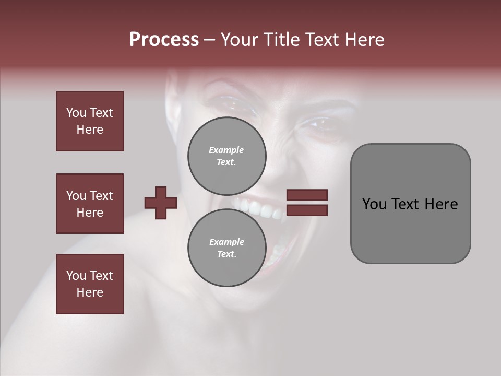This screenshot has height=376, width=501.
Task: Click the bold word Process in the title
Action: pos(164,40)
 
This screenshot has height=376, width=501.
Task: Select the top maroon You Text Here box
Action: pos(90,121)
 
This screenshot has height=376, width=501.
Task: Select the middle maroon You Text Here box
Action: pos(90,204)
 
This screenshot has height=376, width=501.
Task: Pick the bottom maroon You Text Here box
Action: pos(90,284)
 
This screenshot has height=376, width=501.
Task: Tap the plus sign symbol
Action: pos(161,203)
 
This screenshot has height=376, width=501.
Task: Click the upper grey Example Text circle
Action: pos(226,156)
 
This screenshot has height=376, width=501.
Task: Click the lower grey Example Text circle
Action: pos(226,248)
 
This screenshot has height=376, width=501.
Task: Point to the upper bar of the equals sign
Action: pos(307,195)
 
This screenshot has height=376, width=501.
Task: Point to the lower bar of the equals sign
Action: pos(307,210)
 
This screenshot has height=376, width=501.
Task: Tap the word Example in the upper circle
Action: pos(226,150)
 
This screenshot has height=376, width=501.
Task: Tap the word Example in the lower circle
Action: pos(226,242)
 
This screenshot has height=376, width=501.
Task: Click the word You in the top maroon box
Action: pos(76,113)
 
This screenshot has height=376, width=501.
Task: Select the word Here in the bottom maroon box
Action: pos(90,292)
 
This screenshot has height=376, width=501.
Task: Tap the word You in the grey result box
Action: pos(374,204)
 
